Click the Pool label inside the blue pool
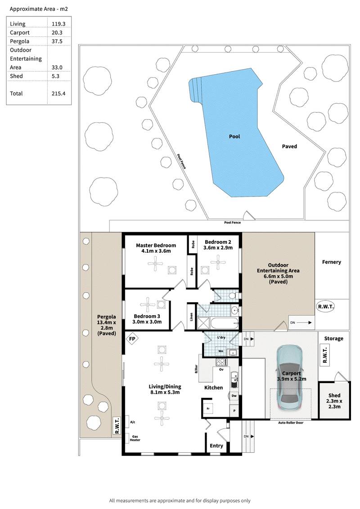tap(234, 136)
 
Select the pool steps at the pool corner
tap(195, 89)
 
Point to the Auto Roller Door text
tap(290, 423)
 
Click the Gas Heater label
tap(136, 438)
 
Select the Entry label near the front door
tap(216, 446)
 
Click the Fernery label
tap(332, 262)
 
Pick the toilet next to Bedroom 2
tap(232, 295)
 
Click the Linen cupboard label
tap(191, 317)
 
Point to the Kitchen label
tap(214, 387)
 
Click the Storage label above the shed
tap(333, 339)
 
